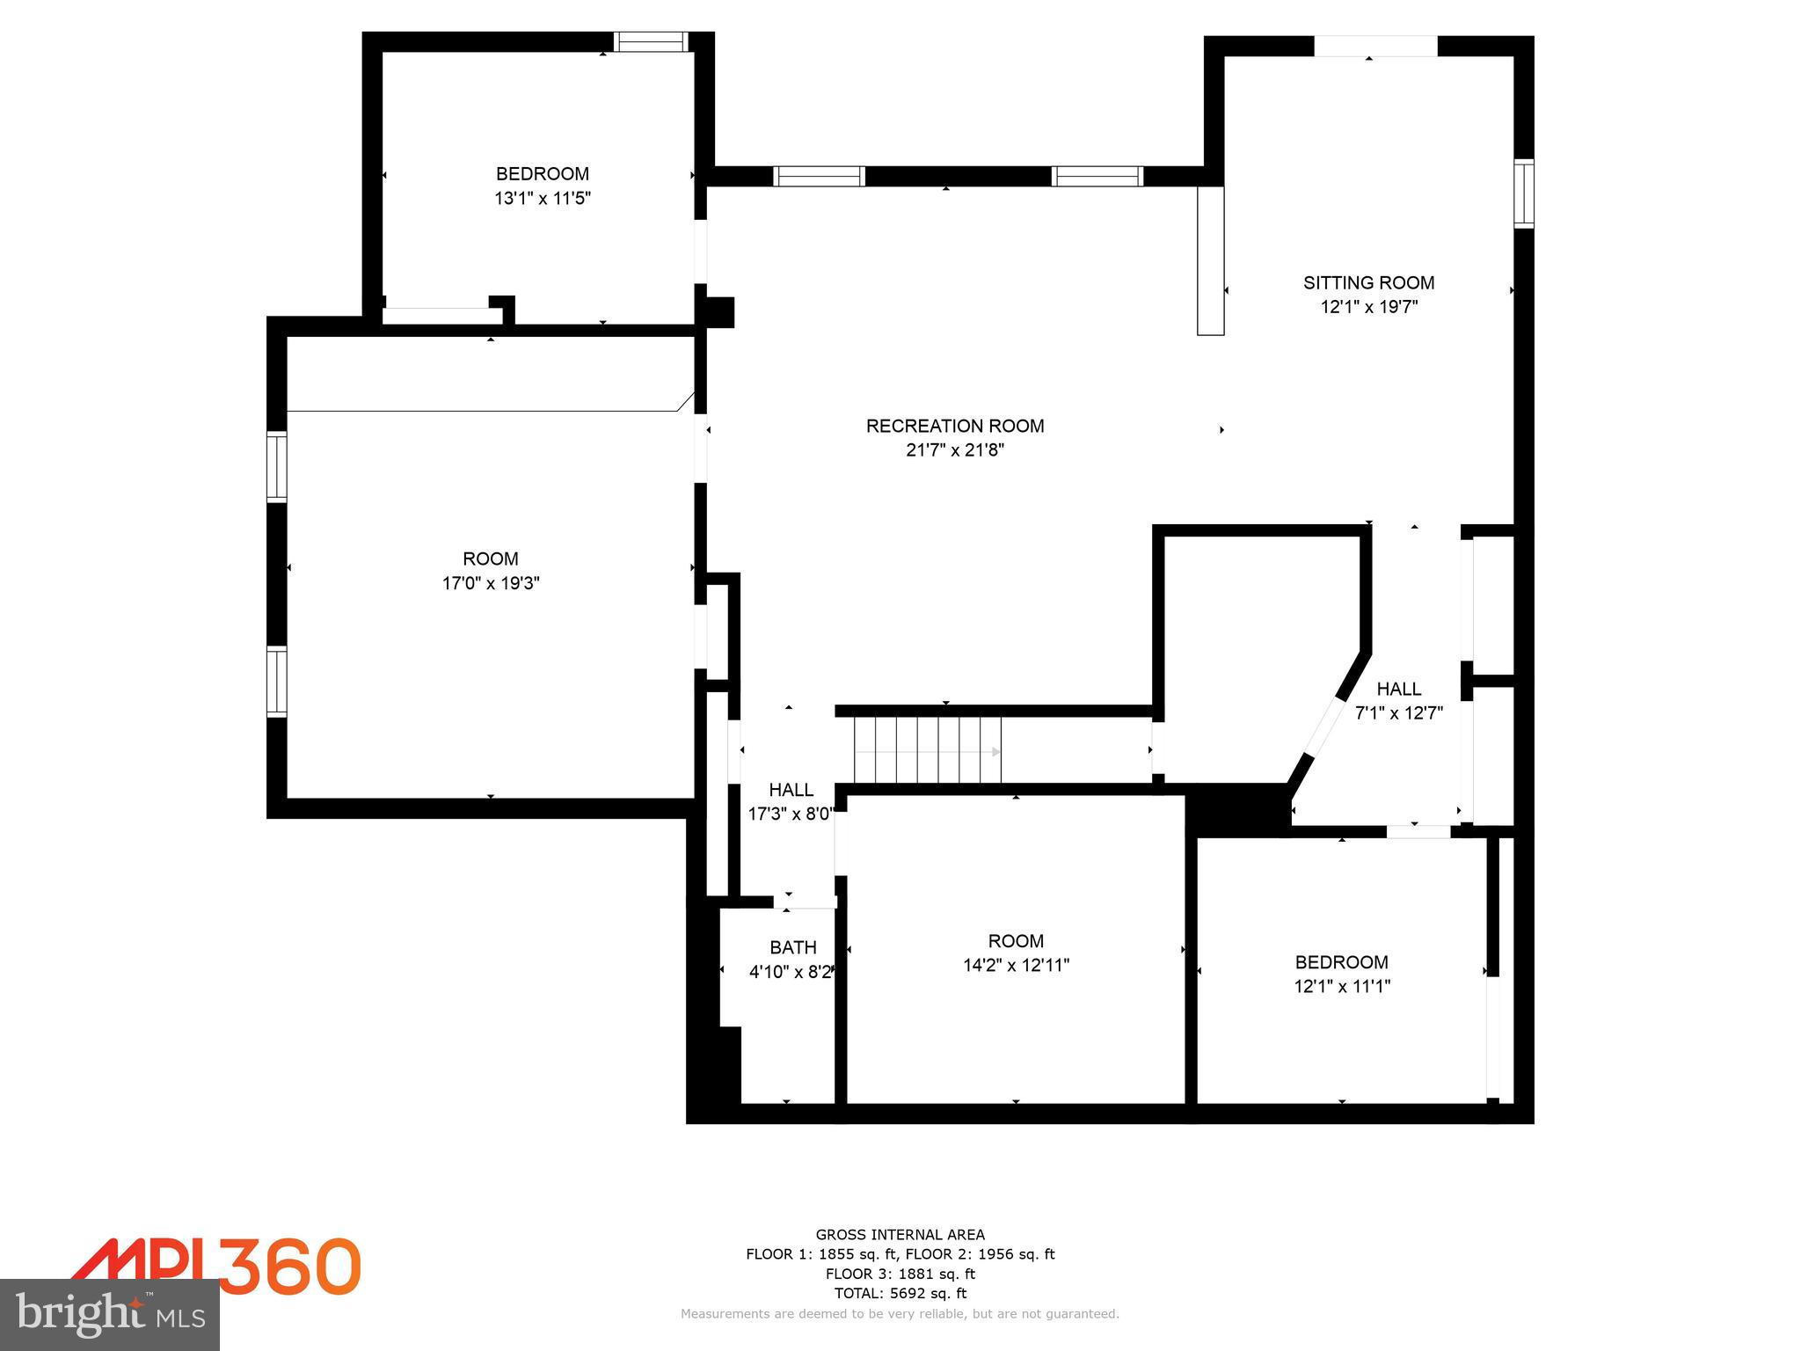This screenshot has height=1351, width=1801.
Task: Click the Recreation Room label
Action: point(955,426)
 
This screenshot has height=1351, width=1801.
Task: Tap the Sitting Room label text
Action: point(1368,282)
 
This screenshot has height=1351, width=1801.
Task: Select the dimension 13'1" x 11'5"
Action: point(542,199)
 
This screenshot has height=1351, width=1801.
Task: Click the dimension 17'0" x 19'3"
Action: point(491,583)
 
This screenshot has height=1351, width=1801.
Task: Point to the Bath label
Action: point(792,947)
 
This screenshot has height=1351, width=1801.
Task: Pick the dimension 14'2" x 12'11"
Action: point(1016,965)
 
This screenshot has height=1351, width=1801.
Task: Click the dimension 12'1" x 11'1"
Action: point(1342,986)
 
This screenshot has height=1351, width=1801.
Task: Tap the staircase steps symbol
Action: point(928,751)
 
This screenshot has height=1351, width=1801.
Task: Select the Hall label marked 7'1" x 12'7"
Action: point(1398,689)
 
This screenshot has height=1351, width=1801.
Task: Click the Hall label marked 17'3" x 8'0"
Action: point(791,790)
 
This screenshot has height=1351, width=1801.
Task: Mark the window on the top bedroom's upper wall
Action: point(651,41)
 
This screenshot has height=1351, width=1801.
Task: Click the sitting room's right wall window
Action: point(1523,194)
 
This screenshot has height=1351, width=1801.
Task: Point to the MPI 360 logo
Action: point(216,1267)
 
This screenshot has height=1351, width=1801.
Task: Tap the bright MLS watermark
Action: point(110,1314)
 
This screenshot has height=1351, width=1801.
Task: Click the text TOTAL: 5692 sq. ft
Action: point(900,1293)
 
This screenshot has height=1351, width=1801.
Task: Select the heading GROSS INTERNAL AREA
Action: point(900,1235)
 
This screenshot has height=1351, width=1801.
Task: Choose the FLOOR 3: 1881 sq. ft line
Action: point(900,1274)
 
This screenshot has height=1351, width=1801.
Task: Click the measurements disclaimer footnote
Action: point(900,1314)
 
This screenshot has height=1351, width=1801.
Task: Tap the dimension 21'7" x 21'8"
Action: point(955,450)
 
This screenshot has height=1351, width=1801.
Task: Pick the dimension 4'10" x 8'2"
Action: point(791,972)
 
